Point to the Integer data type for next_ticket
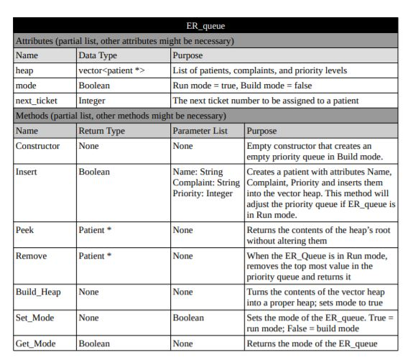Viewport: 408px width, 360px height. (94, 101)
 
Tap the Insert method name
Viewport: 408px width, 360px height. (27, 172)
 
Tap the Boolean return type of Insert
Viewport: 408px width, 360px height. (96, 172)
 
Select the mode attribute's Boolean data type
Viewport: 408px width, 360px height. (96, 86)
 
